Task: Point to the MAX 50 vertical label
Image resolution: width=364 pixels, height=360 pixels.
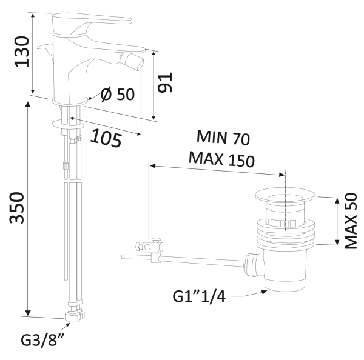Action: (x=349, y=221)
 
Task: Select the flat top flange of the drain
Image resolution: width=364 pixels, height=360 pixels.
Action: (x=284, y=195)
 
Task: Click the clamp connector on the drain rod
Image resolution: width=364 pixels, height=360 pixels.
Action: (x=149, y=247)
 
